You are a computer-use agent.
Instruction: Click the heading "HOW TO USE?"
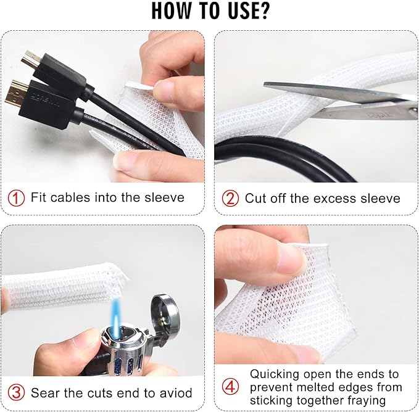(209, 12)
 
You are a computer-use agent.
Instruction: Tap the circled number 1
(17, 198)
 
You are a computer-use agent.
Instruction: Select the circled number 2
(230, 198)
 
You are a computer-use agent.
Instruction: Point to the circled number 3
(17, 393)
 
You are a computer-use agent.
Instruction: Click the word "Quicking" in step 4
(272, 374)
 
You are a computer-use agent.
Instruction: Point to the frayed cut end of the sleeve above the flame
(126, 274)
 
